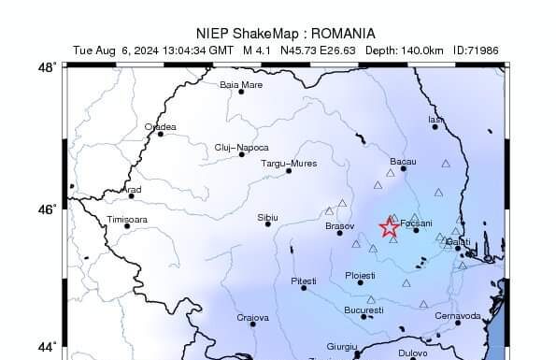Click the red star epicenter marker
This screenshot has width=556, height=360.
390,227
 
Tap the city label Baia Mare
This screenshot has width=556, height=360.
241,84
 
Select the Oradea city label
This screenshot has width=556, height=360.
160,126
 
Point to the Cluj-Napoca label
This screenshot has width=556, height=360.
241,147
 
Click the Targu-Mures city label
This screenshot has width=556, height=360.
288,164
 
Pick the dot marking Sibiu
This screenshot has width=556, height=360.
268,223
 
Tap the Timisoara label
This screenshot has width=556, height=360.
127,219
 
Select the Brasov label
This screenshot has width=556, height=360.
339,225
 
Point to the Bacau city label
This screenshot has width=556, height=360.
403,162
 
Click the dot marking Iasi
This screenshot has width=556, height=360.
435,126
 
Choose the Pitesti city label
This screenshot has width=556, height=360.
304,281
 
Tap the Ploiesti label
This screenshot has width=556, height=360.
360,275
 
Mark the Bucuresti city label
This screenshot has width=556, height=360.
364,310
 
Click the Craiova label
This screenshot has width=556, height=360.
252,318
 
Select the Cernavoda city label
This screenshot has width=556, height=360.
458,315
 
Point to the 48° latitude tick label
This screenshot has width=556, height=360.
47,67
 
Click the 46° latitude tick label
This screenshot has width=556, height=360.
47,209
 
